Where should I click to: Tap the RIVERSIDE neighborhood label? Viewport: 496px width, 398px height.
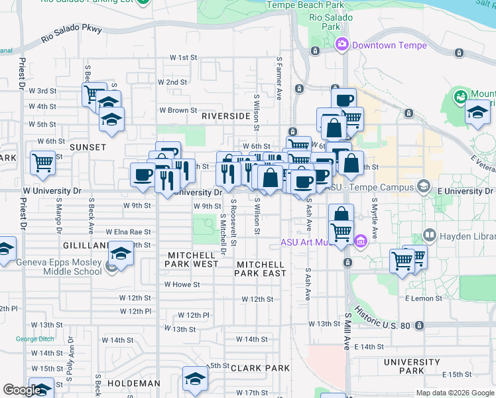click(x=225, y=115)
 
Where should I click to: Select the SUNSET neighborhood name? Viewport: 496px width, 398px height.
click(x=88, y=147)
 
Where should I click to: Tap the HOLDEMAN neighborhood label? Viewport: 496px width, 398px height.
click(x=134, y=383)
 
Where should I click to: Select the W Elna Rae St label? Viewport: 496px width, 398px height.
click(x=129, y=232)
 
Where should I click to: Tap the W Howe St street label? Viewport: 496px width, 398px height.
click(x=182, y=285)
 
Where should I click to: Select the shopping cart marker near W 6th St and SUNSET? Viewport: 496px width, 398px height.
click(x=42, y=161)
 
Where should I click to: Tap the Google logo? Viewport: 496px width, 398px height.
click(x=22, y=391)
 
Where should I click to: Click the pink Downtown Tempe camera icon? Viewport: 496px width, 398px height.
click(x=343, y=45)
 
